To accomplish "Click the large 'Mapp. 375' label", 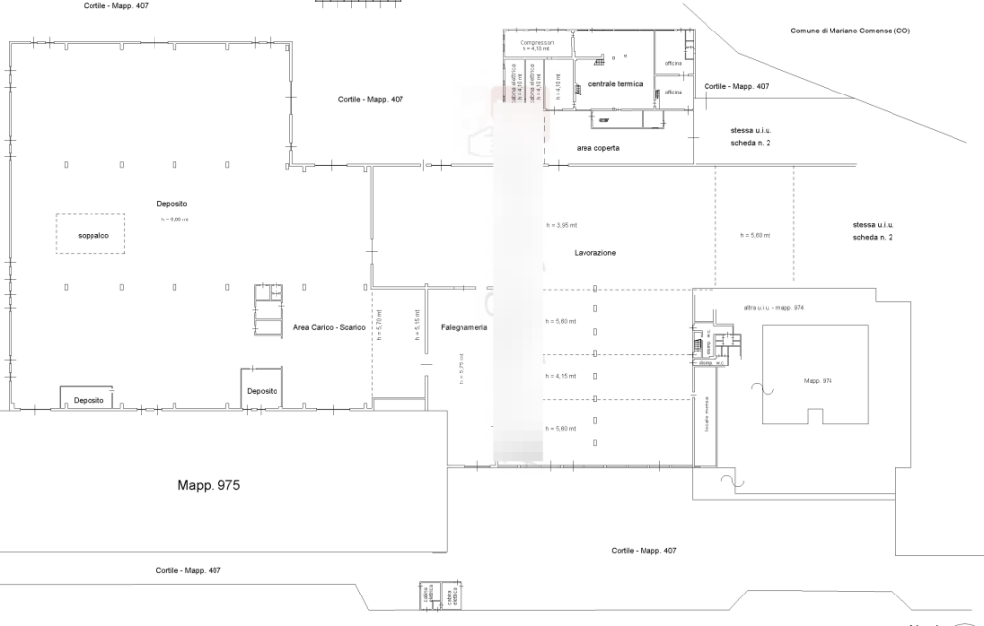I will pyautogui.click(x=209, y=485).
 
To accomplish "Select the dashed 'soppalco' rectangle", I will pyautogui.click(x=91, y=234).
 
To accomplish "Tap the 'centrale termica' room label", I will pyautogui.click(x=615, y=84).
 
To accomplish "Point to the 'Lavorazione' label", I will pyautogui.click(x=594, y=253).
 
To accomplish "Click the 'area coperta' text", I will pyautogui.click(x=597, y=148).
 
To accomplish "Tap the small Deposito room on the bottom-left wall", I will pyautogui.click(x=90, y=398).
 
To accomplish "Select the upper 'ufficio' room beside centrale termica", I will pyautogui.click(x=674, y=63).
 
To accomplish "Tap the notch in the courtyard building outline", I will pyautogui.click(x=814, y=417).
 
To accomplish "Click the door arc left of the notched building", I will pyautogui.click(x=759, y=387).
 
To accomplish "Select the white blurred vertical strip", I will pyautogui.click(x=518, y=276).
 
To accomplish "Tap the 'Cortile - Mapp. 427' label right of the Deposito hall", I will pyautogui.click(x=371, y=99).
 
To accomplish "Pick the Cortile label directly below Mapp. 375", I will pyautogui.click(x=188, y=570).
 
